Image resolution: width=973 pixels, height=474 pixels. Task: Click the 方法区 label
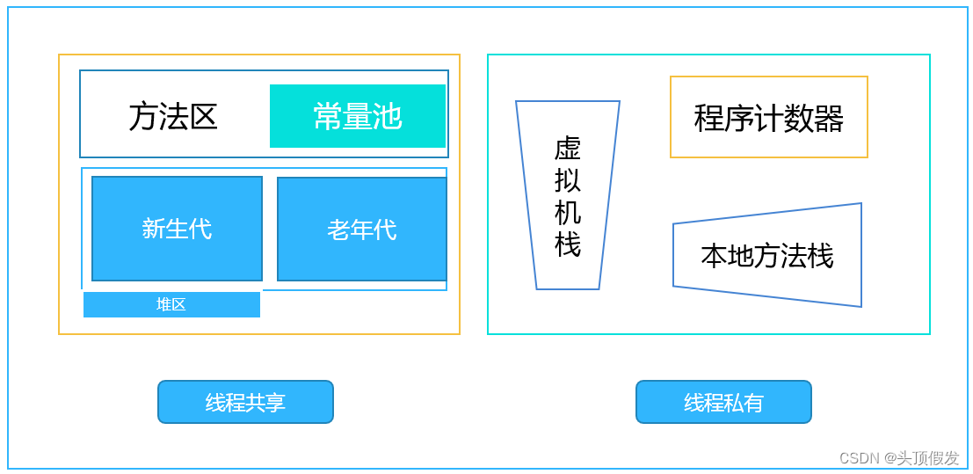(173, 116)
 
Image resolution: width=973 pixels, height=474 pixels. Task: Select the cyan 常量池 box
(357, 116)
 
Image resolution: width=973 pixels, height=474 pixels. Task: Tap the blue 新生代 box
(177, 229)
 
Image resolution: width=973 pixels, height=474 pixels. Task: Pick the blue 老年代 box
(361, 230)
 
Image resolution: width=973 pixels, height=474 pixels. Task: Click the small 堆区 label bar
(171, 304)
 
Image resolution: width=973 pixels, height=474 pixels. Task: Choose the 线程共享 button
(245, 402)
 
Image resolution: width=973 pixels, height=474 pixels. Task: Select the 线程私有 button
(723, 402)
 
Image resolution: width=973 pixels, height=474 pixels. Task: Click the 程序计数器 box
(768, 117)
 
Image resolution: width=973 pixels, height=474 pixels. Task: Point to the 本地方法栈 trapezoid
(766, 256)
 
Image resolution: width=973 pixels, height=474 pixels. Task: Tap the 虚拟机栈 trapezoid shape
(568, 195)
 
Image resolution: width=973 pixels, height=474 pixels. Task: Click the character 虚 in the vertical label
(568, 149)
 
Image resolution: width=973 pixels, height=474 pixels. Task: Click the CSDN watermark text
(898, 458)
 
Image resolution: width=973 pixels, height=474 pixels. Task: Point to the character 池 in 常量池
(388, 116)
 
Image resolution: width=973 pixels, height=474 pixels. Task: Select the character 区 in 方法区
(203, 116)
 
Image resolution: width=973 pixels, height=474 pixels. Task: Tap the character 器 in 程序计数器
(829, 118)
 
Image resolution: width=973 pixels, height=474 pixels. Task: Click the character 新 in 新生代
(154, 229)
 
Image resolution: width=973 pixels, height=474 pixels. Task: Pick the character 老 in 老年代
(338, 230)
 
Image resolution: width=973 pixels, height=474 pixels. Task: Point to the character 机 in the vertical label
(568, 212)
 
